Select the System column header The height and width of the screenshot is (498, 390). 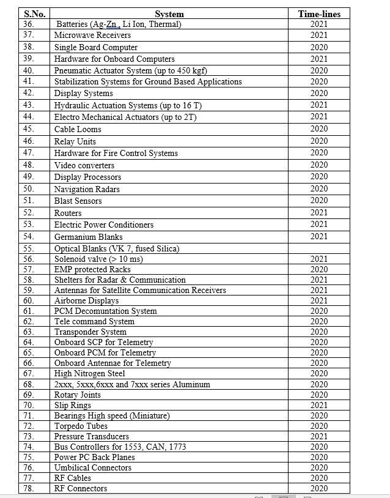[169, 13]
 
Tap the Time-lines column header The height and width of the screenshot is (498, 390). [319, 13]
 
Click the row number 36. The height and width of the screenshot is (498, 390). [29, 24]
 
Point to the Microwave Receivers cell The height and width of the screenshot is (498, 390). [92, 35]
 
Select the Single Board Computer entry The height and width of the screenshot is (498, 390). [96, 47]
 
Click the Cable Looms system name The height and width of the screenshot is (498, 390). [78, 129]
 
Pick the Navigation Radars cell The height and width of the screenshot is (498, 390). [87, 189]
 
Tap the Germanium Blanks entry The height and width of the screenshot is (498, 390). [89, 237]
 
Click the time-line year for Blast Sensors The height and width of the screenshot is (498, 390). [319, 201]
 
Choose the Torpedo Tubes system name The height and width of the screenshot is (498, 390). [81, 426]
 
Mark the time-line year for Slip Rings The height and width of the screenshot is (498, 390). [319, 405]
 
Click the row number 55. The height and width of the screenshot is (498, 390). [29, 249]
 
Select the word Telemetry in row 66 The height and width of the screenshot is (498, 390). [151, 363]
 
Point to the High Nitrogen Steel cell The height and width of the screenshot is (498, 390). [90, 373]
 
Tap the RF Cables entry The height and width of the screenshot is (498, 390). [73, 478]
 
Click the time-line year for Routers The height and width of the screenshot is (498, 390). [319, 213]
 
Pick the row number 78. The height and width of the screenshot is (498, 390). [29, 488]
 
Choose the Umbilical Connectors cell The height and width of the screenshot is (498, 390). [93, 467]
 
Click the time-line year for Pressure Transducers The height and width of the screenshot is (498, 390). [319, 436]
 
